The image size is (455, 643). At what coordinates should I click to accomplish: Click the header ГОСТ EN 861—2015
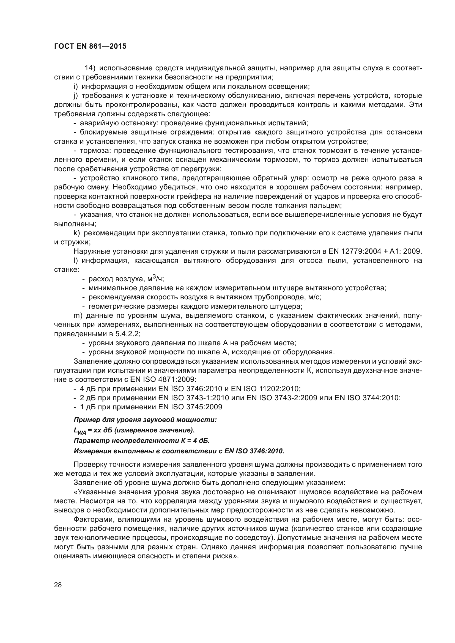[x=90, y=46]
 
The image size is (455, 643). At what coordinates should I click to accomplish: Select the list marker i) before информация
[x=75, y=87]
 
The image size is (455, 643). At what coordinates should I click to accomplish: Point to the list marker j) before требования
[x=75, y=96]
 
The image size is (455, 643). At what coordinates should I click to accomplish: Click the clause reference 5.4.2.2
[x=127, y=334]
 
